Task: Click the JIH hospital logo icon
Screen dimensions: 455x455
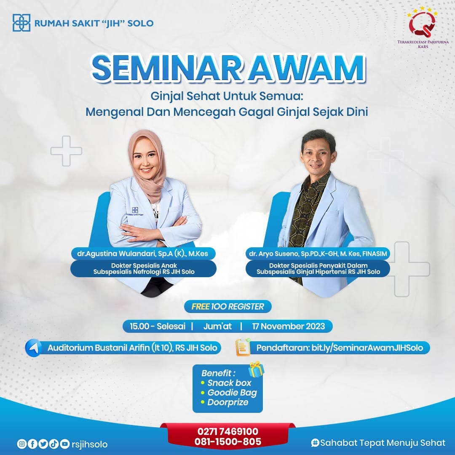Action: (21, 23)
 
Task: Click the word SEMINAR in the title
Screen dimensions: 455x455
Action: (166, 68)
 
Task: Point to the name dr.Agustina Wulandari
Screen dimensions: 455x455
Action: (116, 254)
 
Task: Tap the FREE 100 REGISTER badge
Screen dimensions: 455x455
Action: (228, 306)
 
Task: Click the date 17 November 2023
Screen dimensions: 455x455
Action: (289, 326)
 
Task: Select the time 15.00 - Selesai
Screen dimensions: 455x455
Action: (158, 326)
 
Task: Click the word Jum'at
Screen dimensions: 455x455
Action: (217, 326)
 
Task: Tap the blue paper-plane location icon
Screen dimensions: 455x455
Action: (33, 348)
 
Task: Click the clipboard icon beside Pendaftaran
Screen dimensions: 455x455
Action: (243, 347)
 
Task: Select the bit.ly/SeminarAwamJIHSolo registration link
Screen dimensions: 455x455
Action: (367, 348)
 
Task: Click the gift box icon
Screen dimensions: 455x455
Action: (256, 369)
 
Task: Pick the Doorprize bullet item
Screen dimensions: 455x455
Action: (225, 402)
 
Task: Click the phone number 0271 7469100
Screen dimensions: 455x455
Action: (228, 431)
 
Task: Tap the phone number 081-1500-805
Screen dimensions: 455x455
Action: (228, 442)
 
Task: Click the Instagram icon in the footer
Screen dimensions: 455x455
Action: (21, 444)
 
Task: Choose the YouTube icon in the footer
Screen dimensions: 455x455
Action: (65, 444)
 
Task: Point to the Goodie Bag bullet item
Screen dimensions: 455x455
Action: (229, 393)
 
